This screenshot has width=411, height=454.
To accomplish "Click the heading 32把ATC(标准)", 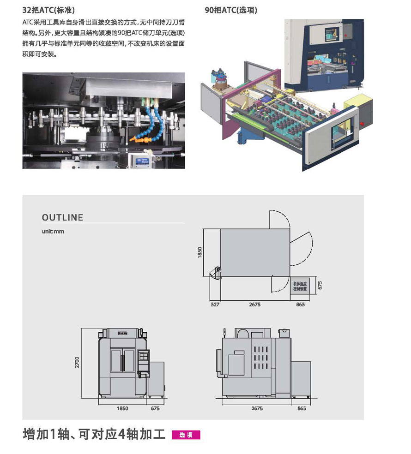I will tap(48, 10).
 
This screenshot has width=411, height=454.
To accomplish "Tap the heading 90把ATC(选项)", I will tap(231, 10).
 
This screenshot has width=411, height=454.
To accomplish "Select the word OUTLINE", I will tap(62, 217).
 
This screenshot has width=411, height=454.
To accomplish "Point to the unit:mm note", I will tap(53, 231).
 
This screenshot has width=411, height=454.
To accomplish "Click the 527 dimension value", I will tap(215, 305).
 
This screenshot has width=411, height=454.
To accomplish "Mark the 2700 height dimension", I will tap(78, 362).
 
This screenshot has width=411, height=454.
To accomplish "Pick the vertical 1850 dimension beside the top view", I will tap(200, 252).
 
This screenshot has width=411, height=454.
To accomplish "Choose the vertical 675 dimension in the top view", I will tap(319, 285).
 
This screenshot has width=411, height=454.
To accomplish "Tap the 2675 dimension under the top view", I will tap(255, 305).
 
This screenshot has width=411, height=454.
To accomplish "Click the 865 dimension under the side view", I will tap(302, 408).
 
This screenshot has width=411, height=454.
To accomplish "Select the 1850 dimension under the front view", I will tap(122, 408).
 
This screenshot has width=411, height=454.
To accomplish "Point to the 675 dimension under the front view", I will tap(155, 408).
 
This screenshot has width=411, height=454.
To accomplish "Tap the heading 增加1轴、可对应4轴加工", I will tap(94, 435).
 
